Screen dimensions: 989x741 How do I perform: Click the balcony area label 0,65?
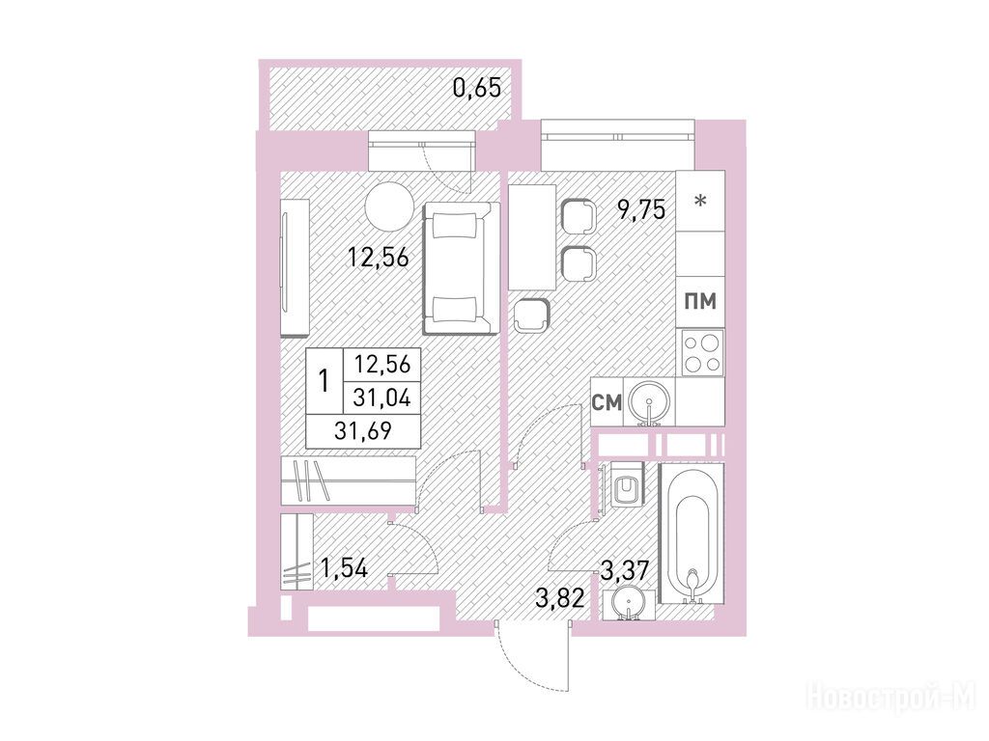(x=477, y=88)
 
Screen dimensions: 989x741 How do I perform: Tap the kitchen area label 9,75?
(x=641, y=208)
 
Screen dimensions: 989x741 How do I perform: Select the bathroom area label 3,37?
(x=625, y=572)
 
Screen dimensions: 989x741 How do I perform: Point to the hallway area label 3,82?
(x=560, y=596)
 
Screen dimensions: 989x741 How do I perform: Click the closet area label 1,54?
(x=344, y=568)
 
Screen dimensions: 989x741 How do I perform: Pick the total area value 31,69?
(x=363, y=430)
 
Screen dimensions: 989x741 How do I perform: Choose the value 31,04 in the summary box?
(x=381, y=398)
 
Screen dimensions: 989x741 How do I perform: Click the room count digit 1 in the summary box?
(x=325, y=381)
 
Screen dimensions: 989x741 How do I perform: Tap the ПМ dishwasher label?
(x=701, y=301)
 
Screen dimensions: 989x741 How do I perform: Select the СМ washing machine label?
(x=607, y=402)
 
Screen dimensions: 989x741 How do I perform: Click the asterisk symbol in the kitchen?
(x=700, y=202)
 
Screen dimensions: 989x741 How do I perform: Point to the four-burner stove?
(x=700, y=352)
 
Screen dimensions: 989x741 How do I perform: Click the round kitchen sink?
(x=648, y=399)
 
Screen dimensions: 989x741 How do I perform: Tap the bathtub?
(x=692, y=533)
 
